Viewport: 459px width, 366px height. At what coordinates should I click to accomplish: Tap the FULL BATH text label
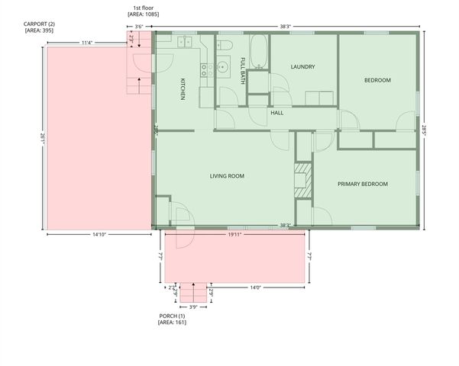[x=243, y=70]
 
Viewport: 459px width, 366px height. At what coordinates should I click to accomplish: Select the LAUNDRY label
[x=302, y=67]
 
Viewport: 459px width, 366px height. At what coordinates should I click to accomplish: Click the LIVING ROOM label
[x=227, y=176]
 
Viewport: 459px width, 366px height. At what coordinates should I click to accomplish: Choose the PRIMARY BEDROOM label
[x=363, y=184]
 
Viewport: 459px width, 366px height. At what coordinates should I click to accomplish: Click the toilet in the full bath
[x=225, y=47]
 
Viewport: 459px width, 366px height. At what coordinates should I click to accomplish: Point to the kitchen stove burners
[x=206, y=70]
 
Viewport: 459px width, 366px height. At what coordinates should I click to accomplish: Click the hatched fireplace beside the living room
[x=303, y=177]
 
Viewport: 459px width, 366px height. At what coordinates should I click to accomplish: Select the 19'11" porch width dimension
[x=234, y=235]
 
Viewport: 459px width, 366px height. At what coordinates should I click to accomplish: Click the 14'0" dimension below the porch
[x=255, y=287]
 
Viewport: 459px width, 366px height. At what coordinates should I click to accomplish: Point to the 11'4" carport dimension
[x=88, y=43]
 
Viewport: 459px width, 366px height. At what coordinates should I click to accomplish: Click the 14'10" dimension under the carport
[x=99, y=235]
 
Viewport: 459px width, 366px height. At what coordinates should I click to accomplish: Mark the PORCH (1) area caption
[x=172, y=319]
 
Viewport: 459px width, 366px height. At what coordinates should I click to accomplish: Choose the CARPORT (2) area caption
[x=38, y=27]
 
